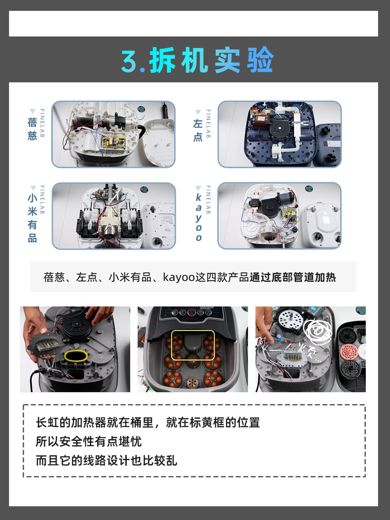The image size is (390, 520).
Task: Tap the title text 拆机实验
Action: coord(212,60)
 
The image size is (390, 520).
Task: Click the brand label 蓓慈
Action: coord(32,129)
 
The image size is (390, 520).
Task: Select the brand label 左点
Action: coord(198,130)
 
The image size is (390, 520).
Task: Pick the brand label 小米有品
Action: coord(32,218)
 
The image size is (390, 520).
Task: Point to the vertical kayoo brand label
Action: coord(198,217)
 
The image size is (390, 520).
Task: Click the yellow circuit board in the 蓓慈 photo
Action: coord(113,141)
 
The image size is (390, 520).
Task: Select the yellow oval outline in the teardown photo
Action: coord(76,356)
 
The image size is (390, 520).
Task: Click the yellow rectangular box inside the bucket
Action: coord(192,345)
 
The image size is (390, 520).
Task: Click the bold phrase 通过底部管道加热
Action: coord(292,277)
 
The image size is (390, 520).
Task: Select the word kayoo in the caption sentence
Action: coord(179,277)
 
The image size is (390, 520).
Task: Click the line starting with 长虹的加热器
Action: coord(148,422)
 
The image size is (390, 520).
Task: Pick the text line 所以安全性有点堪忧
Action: coord(88,441)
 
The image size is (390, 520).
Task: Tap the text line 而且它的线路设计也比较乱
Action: coord(106,460)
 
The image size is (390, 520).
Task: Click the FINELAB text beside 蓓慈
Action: coord(42,123)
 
